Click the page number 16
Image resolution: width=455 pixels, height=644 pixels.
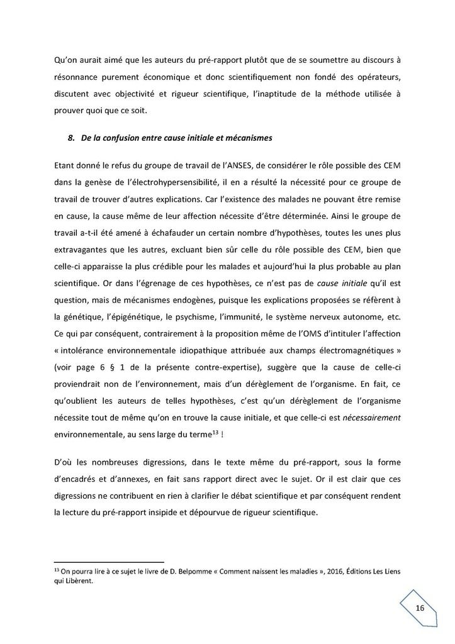pos(420,608)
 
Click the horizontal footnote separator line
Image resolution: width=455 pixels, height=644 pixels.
pos(109,561)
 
